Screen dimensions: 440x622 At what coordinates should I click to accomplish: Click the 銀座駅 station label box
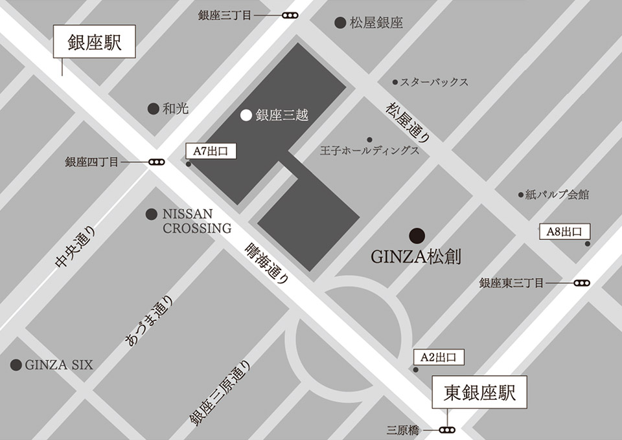click(95, 43)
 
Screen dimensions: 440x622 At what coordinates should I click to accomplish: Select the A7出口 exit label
click(211, 151)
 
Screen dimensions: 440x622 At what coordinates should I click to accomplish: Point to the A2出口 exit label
click(439, 357)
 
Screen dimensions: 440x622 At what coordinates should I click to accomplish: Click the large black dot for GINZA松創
click(417, 235)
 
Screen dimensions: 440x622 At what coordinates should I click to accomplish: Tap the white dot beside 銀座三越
click(246, 116)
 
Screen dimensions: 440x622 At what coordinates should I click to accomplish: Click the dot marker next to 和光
click(154, 109)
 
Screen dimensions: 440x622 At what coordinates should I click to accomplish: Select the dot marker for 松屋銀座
click(340, 23)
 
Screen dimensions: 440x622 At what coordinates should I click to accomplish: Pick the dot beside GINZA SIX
click(16, 365)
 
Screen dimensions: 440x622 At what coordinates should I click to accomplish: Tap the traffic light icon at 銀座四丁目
click(156, 163)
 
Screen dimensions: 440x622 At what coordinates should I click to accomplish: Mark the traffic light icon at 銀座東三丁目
click(582, 283)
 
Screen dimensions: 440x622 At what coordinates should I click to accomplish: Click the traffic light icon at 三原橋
click(446, 430)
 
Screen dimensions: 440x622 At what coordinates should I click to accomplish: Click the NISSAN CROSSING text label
click(196, 221)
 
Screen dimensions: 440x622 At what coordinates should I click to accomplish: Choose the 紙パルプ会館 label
click(557, 194)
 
